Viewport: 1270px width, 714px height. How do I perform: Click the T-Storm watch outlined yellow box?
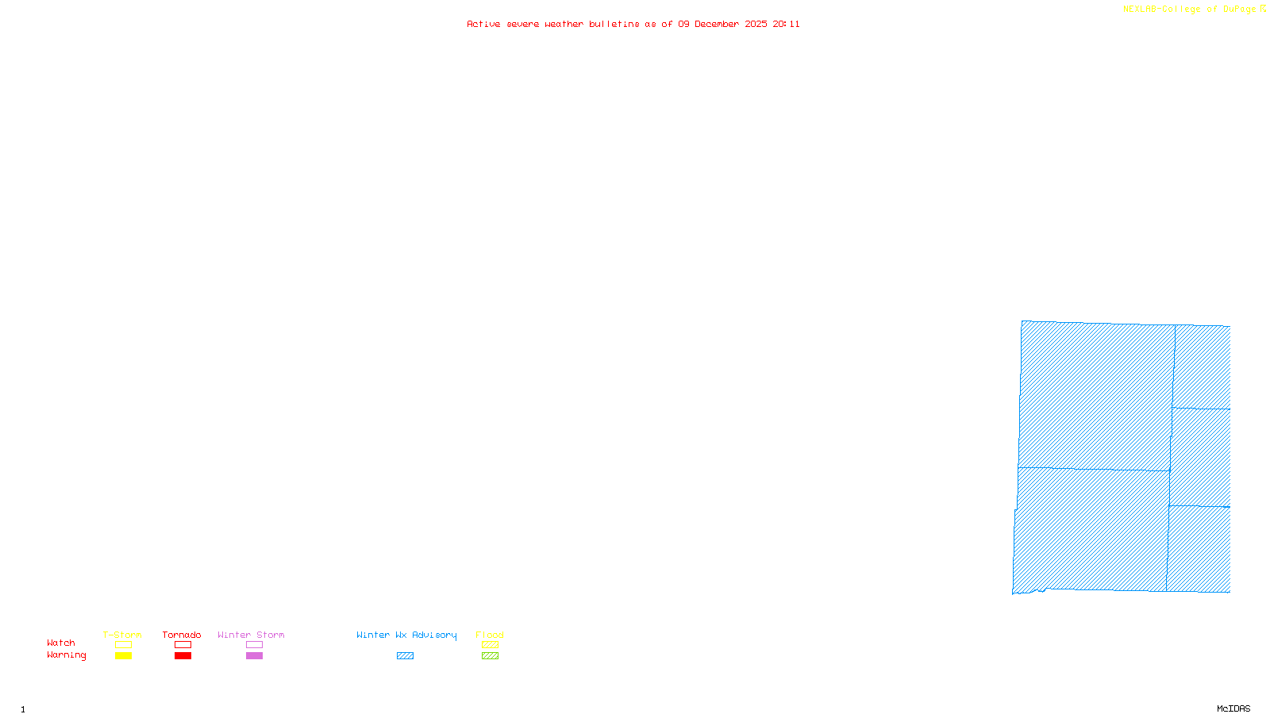coord(123,645)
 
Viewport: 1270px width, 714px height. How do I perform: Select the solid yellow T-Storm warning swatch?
coord(123,656)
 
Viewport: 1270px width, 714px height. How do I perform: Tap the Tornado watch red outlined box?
coord(183,645)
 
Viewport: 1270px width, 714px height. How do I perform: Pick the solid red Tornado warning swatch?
coord(183,656)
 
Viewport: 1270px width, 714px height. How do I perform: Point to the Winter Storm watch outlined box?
coord(254,645)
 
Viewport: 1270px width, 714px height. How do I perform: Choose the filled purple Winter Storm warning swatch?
coord(254,656)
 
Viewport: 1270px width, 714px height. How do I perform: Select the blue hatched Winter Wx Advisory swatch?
coord(405,656)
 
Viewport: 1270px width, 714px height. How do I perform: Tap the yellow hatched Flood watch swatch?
coord(490,645)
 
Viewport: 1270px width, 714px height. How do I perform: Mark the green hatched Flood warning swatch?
coord(490,656)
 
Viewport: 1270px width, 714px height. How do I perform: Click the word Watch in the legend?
coord(61,643)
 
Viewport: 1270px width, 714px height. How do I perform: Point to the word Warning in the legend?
coord(66,655)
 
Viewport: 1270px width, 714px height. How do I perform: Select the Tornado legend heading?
coord(182,635)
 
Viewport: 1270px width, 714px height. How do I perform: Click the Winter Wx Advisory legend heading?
coord(406,635)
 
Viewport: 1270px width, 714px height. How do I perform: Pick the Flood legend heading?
coord(490,635)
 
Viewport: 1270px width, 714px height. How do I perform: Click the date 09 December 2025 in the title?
coord(722,24)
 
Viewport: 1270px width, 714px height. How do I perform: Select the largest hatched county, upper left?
coord(1095,395)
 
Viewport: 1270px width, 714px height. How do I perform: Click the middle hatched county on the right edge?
coord(1200,457)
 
